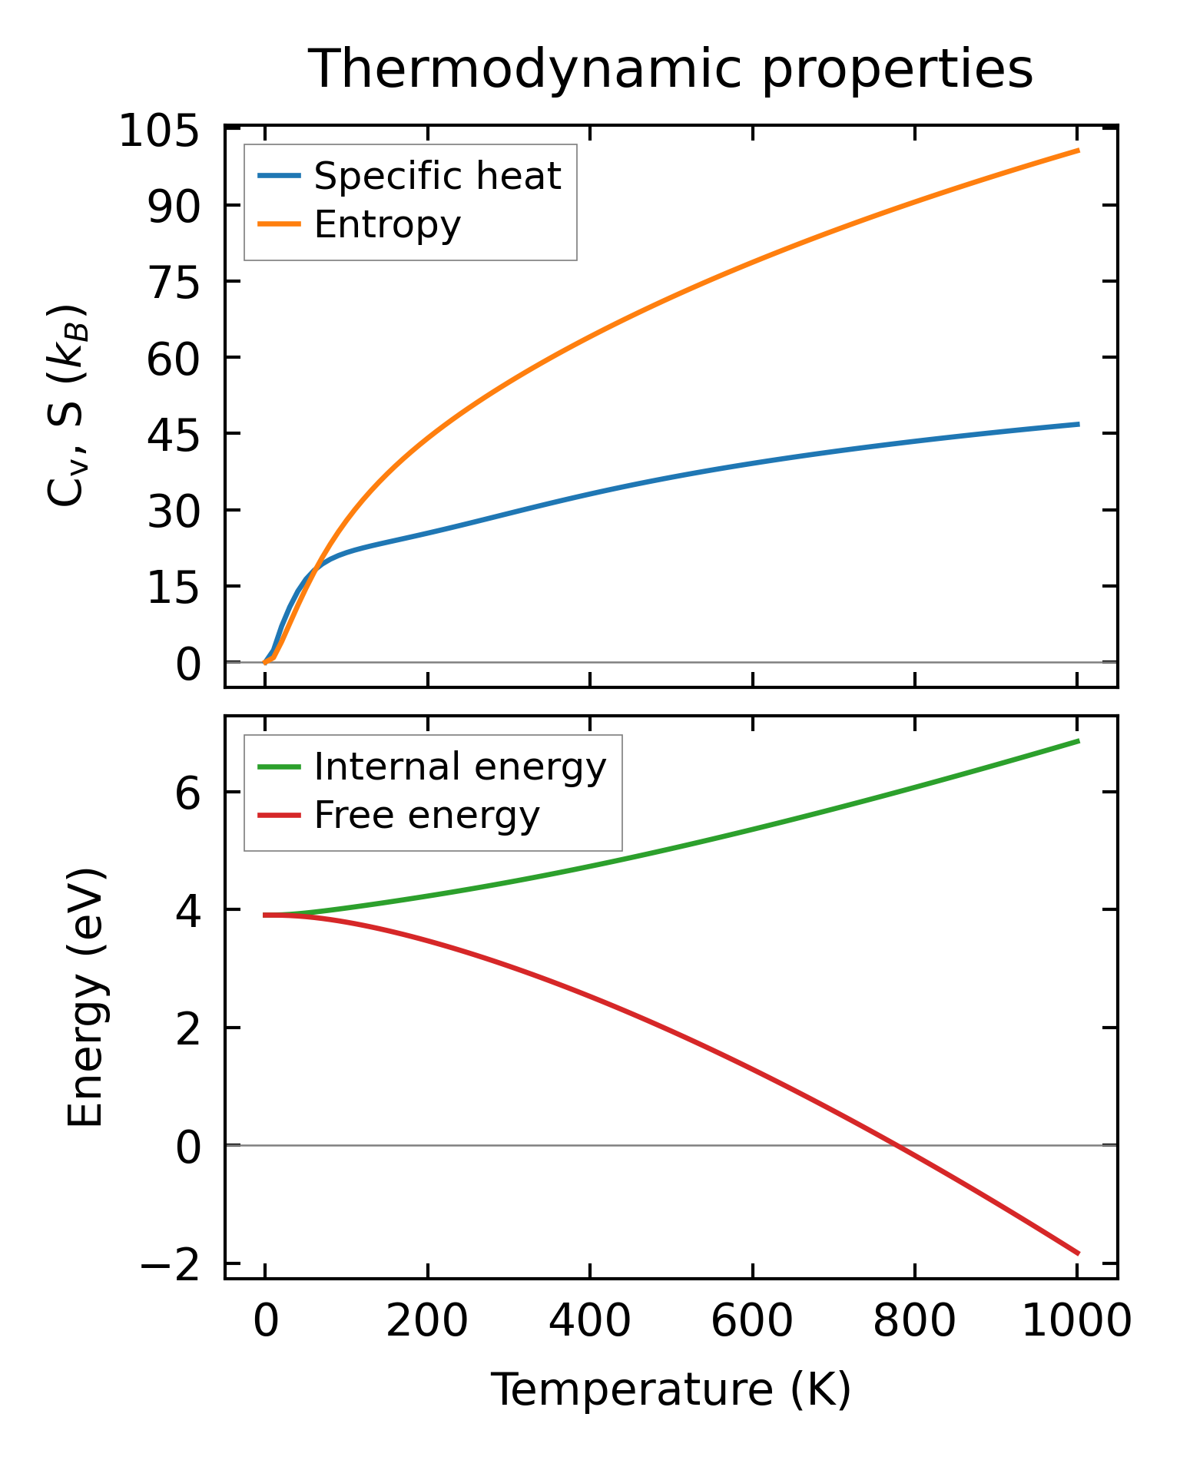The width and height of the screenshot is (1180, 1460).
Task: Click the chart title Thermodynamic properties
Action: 670,69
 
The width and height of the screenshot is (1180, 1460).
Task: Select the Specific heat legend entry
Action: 437,176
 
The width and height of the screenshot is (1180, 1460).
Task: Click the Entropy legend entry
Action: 387,224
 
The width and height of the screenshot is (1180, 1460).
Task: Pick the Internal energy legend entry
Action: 459,766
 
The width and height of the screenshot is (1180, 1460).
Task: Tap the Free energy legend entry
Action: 426,815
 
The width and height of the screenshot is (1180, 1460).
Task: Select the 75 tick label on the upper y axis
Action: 174,283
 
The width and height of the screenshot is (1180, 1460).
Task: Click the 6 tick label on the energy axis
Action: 188,793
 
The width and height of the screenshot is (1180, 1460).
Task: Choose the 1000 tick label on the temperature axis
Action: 1077,1323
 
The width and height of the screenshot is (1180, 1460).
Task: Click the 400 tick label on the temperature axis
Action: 589,1323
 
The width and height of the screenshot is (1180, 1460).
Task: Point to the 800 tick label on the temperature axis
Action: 914,1323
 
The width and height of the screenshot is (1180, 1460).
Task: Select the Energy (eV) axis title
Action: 85,997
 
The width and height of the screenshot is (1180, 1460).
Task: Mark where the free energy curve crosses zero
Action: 896,1145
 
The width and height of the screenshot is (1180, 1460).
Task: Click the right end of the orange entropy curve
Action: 1079,151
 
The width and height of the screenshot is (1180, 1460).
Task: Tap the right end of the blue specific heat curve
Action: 1079,424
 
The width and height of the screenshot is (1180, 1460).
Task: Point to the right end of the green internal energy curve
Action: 1079,741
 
